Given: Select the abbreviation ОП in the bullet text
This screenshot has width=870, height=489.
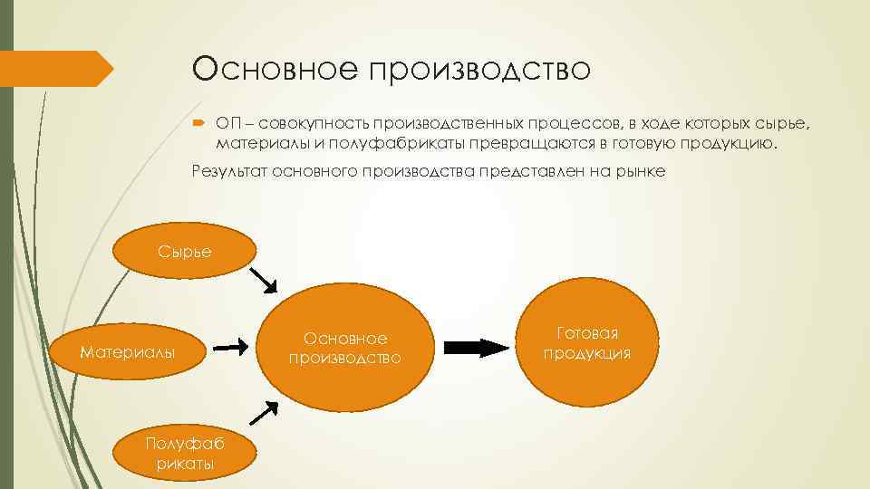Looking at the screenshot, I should [x=227, y=122].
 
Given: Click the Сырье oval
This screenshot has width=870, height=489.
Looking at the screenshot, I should [x=185, y=251].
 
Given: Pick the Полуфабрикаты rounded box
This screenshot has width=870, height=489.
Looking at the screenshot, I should [x=180, y=451].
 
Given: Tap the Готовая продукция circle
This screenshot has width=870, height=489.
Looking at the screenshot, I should [x=587, y=343].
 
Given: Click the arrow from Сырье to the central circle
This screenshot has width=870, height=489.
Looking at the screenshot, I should [x=262, y=280].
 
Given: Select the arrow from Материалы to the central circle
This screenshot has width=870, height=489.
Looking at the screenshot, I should [x=231, y=345].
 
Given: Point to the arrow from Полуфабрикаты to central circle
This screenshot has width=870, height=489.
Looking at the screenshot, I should [x=262, y=412].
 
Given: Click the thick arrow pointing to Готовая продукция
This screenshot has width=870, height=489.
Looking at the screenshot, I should [x=474, y=346].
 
